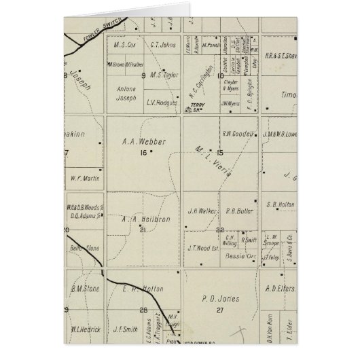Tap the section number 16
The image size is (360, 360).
click(143, 153)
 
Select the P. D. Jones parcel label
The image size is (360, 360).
click(218, 297)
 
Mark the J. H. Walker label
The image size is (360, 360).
click(202, 211)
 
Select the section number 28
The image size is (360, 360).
click(143, 310)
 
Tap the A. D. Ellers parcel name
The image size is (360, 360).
click(279, 288)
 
